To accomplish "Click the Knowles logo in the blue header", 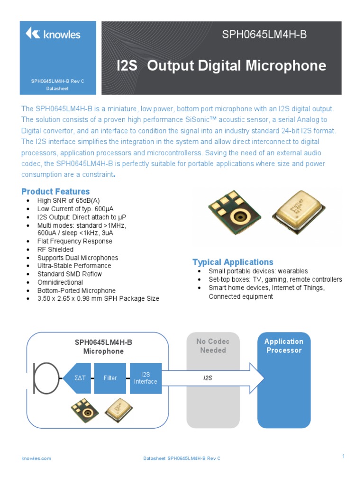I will coord(53,34).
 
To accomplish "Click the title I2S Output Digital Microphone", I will coord(221,66).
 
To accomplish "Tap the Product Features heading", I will coord(55,192).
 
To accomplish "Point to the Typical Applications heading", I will coord(233,262).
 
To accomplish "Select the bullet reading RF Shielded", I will coord(55,250).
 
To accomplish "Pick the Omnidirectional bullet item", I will coord(62,282).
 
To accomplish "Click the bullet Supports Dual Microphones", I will coord(78,258).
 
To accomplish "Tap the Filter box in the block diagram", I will coord(110,378).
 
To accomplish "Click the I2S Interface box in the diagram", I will coord(146,378).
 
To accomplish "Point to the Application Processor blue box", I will coord(283,379).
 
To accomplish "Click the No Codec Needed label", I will coord(213,346).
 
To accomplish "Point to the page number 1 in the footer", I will coord(343,456).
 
